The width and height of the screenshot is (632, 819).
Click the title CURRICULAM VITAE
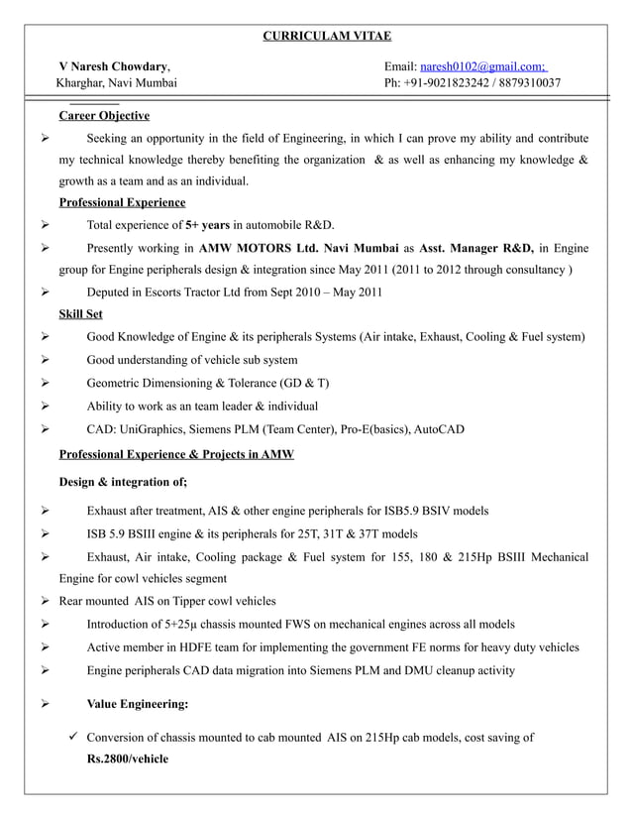(x=326, y=37)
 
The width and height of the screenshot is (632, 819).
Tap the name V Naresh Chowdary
(x=113, y=65)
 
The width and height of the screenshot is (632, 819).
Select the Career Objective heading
(x=104, y=116)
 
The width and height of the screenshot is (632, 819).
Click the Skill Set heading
(x=81, y=314)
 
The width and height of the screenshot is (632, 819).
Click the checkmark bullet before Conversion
(x=73, y=737)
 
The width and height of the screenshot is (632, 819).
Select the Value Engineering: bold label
(x=138, y=705)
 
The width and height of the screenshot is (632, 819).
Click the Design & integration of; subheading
(x=123, y=482)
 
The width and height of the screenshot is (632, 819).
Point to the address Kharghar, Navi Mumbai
(x=117, y=83)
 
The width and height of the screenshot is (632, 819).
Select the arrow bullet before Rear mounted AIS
(x=46, y=601)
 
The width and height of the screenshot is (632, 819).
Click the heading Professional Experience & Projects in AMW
(x=176, y=454)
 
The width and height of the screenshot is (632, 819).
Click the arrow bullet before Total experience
(x=46, y=225)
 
